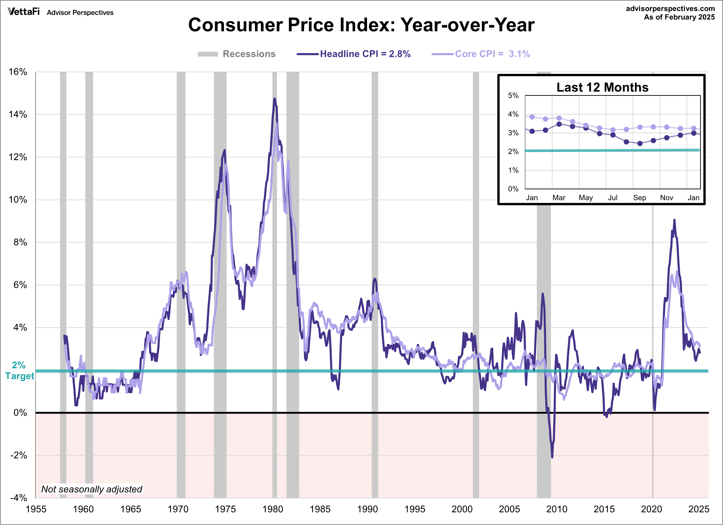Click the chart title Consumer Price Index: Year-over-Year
click(361, 25)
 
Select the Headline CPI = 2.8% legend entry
click(365, 54)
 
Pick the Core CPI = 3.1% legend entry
click(492, 54)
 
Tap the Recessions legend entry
click(249, 54)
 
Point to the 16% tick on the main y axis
click(18, 72)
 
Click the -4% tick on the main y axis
click(18, 498)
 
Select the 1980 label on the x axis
click(273, 509)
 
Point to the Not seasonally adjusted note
click(92, 489)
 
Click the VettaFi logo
click(24, 12)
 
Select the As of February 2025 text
click(679, 17)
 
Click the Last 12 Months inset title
click(602, 87)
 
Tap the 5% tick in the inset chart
click(513, 96)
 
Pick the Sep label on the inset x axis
click(639, 198)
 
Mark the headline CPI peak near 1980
click(274, 99)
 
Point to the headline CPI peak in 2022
click(674, 220)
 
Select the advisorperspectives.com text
click(670, 9)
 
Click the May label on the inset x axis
click(586, 198)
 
